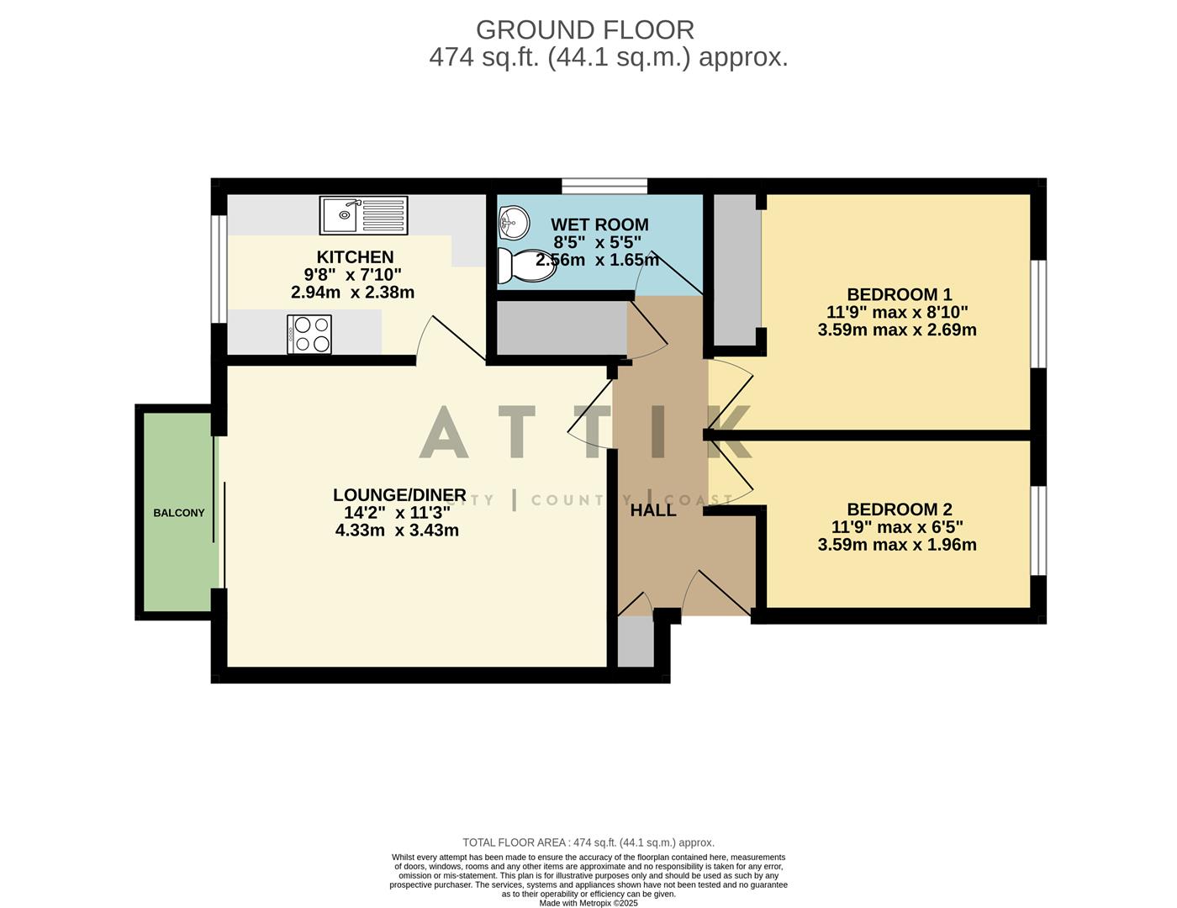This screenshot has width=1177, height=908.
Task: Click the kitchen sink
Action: tap(363, 215)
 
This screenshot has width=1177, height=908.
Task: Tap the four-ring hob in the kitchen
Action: tap(309, 334)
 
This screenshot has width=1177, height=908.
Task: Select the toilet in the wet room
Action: tap(521, 265)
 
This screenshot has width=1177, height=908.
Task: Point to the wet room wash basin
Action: tap(513, 222)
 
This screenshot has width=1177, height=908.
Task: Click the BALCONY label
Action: tap(178, 513)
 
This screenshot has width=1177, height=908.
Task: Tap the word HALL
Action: tap(653, 510)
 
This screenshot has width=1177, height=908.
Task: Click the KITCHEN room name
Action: tap(355, 257)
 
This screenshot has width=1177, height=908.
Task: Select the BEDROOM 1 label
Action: tap(899, 294)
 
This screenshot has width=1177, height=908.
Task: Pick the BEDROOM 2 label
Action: tap(899, 509)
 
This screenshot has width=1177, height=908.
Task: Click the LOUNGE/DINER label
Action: tap(399, 495)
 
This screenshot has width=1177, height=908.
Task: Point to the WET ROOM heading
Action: tap(599, 224)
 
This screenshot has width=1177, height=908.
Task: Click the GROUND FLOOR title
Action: tap(585, 29)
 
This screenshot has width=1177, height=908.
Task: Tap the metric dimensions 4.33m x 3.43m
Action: tap(397, 531)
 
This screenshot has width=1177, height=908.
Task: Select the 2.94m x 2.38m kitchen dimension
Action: tap(352, 293)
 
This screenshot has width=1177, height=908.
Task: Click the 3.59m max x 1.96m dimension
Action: tap(897, 545)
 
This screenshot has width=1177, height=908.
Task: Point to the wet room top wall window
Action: tap(604, 186)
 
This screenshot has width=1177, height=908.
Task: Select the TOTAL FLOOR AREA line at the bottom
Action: tap(588, 842)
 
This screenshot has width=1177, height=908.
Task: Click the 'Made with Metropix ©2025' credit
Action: tap(588, 903)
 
